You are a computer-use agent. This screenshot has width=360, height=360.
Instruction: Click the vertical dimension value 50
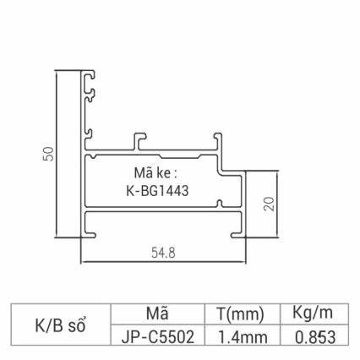click(49, 153)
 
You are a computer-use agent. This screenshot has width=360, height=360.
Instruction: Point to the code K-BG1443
click(156, 190)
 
